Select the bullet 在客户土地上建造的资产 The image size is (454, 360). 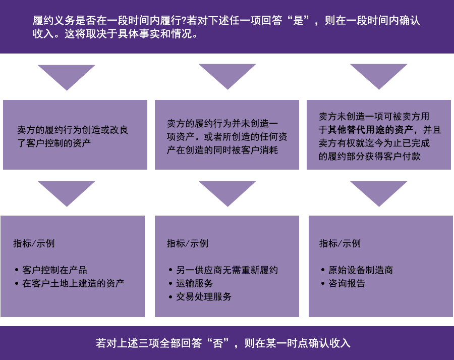73,283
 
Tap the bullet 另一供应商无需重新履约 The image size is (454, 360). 227,270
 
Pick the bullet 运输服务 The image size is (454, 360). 194,283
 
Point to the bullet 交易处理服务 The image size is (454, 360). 204,296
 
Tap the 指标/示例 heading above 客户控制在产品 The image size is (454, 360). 34,243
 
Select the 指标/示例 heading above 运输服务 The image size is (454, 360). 188,243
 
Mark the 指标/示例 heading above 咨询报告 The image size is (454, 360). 340,243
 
